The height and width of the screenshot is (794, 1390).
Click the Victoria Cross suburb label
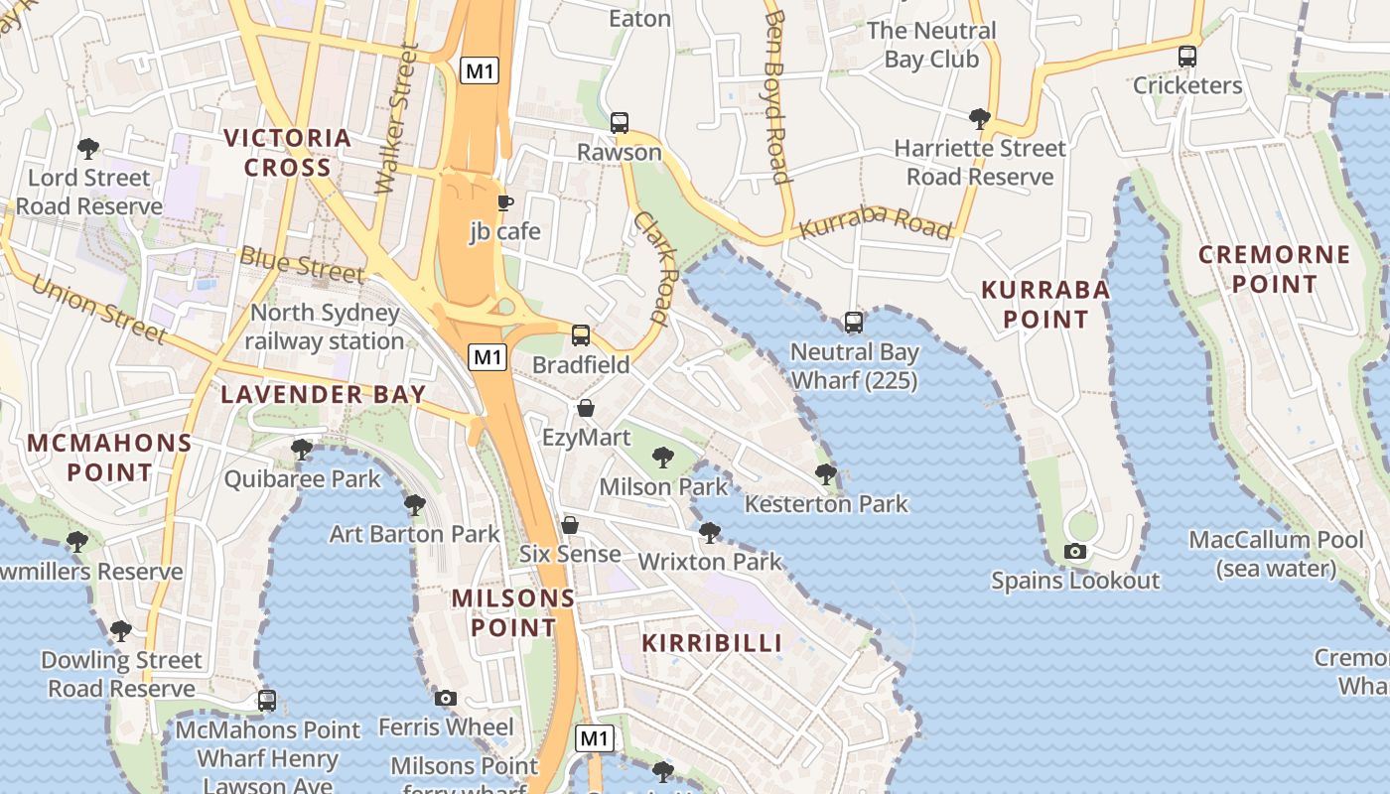tap(288, 152)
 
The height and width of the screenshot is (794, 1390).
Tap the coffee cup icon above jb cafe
tap(505, 203)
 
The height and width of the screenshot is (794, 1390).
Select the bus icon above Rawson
tap(620, 123)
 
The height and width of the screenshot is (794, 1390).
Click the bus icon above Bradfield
tap(581, 335)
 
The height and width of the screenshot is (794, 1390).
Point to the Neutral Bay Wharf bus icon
tap(854, 323)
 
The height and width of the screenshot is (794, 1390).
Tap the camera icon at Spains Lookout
tap(1074, 552)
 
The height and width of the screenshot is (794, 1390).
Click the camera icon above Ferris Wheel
tap(446, 699)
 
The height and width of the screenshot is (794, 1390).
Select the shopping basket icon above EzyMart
tap(586, 409)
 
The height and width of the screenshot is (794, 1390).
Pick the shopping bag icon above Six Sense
tap(570, 525)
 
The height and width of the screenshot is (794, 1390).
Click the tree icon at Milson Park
tap(662, 458)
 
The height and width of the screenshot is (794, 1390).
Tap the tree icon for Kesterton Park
tap(825, 474)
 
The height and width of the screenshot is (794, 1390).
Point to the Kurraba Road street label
tap(876, 225)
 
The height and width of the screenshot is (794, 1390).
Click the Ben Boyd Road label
tap(777, 97)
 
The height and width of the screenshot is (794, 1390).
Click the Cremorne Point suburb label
tap(1274, 269)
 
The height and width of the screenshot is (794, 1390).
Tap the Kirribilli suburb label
tap(712, 642)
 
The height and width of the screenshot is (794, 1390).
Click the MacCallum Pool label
tap(1277, 554)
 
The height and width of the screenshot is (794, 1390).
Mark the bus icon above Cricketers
tap(1186, 57)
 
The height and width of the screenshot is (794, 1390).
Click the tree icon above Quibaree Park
tap(302, 451)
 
